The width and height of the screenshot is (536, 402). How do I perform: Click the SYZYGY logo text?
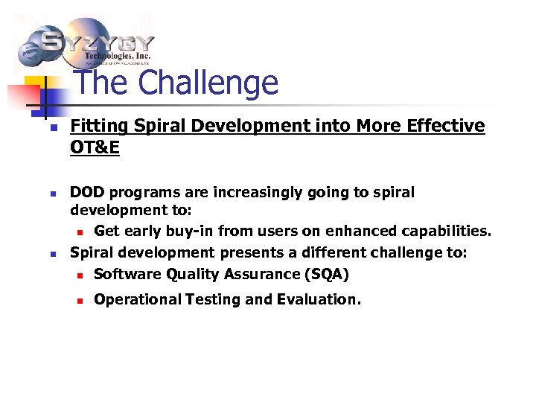pos(97,42)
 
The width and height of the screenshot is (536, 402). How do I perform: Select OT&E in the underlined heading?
pos(95,148)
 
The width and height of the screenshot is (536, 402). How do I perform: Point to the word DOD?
pos(86,193)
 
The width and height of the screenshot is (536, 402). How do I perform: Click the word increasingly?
pos(260,193)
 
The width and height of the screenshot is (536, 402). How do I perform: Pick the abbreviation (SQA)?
pos(326,274)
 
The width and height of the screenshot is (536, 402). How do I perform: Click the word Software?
pos(124,274)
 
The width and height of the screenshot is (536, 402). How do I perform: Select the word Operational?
pos(135,299)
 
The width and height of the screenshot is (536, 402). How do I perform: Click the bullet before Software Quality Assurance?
pos(80,275)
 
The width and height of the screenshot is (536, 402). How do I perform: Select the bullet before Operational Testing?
pos(80,300)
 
